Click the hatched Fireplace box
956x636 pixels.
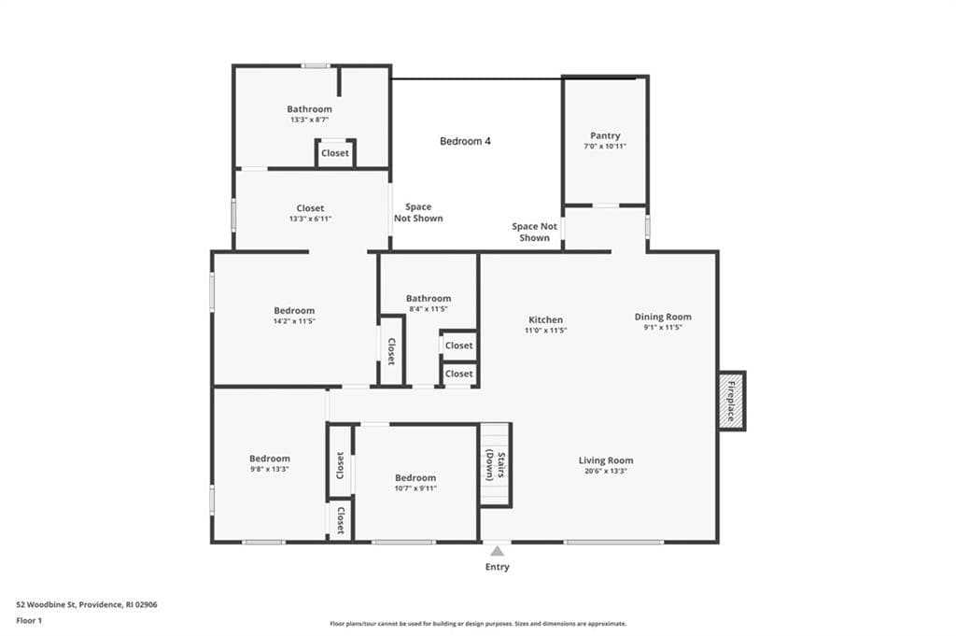pyautogui.click(x=732, y=401)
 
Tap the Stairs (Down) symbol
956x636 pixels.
pyautogui.click(x=496, y=465)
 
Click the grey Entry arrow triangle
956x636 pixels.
pyautogui.click(x=498, y=551)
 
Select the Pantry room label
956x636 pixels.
pyautogui.click(x=605, y=135)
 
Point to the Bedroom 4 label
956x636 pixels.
pyautogui.click(x=465, y=141)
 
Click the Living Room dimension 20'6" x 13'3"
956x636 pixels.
pyautogui.click(x=605, y=471)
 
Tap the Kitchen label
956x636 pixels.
pyautogui.click(x=545, y=319)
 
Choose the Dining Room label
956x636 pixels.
pyautogui.click(x=663, y=317)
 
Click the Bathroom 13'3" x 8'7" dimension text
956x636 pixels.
pyautogui.click(x=309, y=120)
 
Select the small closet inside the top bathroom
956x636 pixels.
pyautogui.click(x=335, y=152)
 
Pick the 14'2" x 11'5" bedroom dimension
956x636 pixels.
pyautogui.click(x=294, y=320)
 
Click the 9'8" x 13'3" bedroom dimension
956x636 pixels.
pyautogui.click(x=269, y=469)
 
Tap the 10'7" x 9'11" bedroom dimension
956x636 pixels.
pyautogui.click(x=415, y=488)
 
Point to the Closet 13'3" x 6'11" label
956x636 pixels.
pyautogui.click(x=310, y=213)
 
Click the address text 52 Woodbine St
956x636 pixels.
pyautogui.click(x=46, y=605)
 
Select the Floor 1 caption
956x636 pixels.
pyautogui.click(x=29, y=621)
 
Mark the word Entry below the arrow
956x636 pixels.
pyautogui.click(x=498, y=567)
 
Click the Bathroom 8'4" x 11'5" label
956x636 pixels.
pyautogui.click(x=429, y=304)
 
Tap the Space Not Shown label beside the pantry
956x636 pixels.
pyautogui.click(x=535, y=232)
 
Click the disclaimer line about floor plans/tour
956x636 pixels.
pyautogui.click(x=478, y=624)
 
